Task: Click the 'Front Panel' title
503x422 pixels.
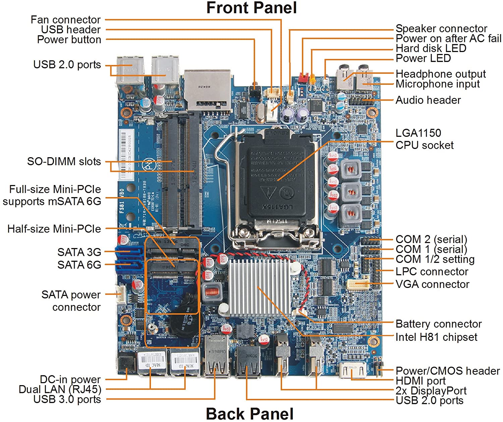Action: pos(251,8)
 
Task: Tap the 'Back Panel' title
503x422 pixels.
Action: pos(250,413)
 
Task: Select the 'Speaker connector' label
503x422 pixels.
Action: pos(441,28)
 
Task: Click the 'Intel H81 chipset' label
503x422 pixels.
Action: pos(436,337)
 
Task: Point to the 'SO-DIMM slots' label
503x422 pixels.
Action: pos(64,161)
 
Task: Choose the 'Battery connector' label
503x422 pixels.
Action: pos(439,324)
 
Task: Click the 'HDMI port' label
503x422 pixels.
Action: pos(421,381)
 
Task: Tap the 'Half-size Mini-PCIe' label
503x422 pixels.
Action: pos(54,229)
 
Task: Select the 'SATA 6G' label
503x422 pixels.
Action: pos(79,265)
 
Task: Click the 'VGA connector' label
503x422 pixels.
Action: pos(432,284)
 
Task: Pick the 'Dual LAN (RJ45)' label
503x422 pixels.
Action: pos(60,389)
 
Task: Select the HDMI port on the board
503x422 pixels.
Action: pos(352,370)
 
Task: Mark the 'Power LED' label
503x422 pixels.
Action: pos(423,58)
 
